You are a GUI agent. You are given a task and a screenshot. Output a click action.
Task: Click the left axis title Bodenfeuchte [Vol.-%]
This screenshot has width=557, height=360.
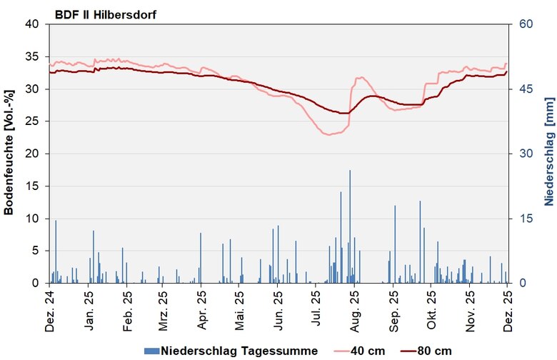9,153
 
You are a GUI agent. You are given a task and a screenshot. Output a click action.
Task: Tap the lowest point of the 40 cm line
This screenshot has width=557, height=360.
328,135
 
